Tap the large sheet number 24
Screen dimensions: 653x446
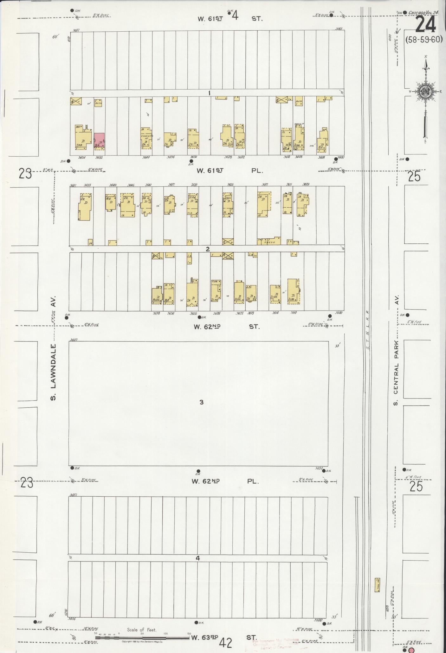[x=425, y=25]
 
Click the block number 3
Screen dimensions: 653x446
[x=201, y=402]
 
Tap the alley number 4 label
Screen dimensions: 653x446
[x=198, y=558]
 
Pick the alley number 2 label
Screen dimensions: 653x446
[x=208, y=249]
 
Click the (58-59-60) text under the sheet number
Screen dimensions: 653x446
[x=424, y=40]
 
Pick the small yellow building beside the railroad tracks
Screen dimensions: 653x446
[x=378, y=585]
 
